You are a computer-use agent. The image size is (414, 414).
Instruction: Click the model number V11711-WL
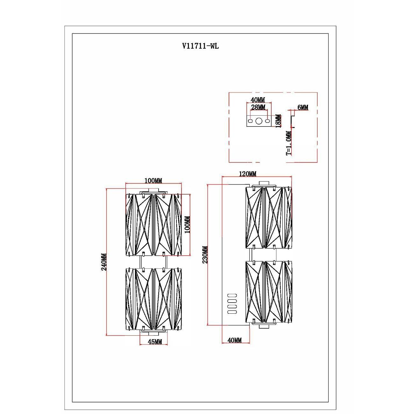pos(200,46)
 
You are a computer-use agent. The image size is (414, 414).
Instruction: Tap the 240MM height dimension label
pos(104,262)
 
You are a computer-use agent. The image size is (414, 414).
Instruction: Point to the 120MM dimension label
pos(247,174)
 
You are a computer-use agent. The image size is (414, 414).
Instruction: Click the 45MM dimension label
pos(155,342)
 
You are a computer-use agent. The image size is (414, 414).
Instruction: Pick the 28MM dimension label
pos(258,107)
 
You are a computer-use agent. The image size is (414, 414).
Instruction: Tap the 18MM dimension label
pos(278,121)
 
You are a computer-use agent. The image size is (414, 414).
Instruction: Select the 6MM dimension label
pos(303,107)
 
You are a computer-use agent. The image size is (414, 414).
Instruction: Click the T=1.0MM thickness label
pos(289,143)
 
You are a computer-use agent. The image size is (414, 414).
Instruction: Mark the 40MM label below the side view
pos(234,340)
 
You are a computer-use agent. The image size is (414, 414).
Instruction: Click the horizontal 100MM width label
pos(153,181)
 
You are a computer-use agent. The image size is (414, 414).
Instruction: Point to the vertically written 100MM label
pos(188,225)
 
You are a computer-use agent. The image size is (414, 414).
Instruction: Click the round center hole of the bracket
pos(259,121)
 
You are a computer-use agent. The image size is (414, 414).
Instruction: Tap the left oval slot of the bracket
pos(251,121)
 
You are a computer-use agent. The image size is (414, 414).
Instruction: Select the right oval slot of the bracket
pos(267,121)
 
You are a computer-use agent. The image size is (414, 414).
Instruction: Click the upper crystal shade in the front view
pos(154,224)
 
